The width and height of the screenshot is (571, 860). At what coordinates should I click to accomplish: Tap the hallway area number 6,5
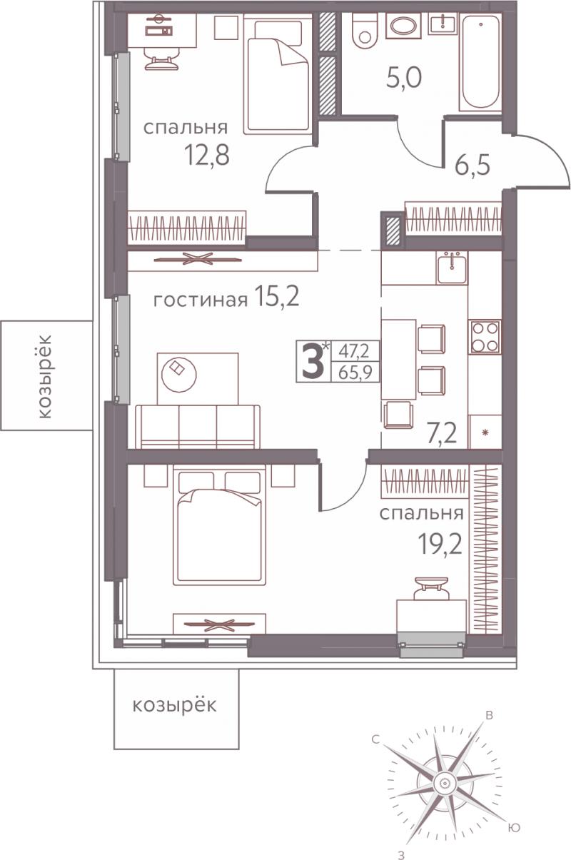click(x=473, y=166)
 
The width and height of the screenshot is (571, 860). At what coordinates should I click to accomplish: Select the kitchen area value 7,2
click(x=443, y=433)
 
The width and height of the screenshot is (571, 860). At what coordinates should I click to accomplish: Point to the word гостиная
click(x=201, y=300)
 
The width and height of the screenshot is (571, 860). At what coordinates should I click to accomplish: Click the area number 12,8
click(x=207, y=155)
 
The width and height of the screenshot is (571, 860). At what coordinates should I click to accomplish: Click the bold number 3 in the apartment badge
click(x=312, y=362)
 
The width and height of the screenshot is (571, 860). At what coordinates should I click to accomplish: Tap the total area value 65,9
click(x=355, y=373)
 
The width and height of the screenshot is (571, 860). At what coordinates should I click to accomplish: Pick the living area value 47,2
click(x=353, y=351)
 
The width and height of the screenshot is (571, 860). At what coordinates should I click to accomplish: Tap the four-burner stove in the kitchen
click(x=485, y=337)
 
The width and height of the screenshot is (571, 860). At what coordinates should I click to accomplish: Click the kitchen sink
click(x=452, y=268)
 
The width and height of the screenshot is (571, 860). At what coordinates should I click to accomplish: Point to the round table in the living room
click(x=179, y=374)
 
